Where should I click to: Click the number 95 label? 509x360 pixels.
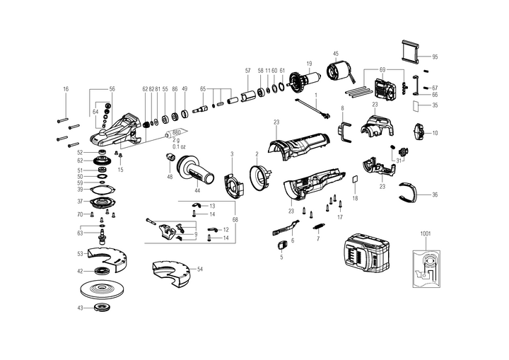435,57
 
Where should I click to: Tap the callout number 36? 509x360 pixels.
435,194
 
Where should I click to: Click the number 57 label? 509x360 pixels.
248,71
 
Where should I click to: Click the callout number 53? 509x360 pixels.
80,252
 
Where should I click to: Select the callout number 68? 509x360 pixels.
235,220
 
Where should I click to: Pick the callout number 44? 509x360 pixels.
197,190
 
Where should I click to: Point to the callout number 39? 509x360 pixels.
81,190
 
